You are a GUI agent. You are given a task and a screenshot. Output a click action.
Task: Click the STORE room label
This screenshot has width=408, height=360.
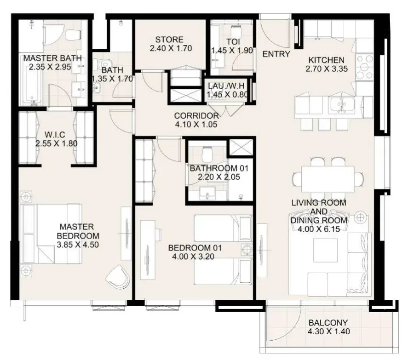click(169, 40)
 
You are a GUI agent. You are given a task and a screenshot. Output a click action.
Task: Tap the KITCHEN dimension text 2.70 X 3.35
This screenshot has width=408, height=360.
click(327, 69)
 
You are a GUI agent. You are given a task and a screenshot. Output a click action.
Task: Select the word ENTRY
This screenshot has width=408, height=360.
click(276, 54)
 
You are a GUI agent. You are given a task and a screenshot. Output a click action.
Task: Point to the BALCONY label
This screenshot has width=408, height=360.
click(328, 323)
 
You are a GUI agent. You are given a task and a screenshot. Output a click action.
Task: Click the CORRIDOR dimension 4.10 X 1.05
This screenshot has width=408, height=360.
click(196, 124)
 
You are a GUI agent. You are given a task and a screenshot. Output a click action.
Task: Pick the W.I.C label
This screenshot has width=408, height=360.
click(55, 135)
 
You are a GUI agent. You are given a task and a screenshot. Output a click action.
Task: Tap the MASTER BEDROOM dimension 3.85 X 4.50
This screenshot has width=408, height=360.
click(78, 245)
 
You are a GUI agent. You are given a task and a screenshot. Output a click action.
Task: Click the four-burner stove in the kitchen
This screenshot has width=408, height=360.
click(364, 67)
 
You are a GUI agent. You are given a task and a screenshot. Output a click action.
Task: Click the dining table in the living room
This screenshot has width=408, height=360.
click(328, 179)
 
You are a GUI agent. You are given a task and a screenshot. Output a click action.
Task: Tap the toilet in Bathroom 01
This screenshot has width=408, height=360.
click(207, 154)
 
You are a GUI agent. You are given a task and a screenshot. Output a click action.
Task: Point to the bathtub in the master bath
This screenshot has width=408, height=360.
click(32, 84)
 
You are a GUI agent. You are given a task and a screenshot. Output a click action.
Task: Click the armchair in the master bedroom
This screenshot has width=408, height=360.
click(118, 277)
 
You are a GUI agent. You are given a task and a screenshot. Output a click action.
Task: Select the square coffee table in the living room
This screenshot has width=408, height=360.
click(325, 250)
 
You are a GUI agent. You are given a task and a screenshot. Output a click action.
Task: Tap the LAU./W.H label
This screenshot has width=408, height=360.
click(226, 86)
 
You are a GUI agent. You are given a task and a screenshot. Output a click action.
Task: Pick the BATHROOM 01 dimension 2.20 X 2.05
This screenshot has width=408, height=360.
click(219, 177)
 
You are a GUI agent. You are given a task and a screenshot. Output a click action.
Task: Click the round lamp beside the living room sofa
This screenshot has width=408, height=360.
click(360, 217)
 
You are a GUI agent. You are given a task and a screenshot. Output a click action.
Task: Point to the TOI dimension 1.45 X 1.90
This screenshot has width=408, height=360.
click(232, 51)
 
